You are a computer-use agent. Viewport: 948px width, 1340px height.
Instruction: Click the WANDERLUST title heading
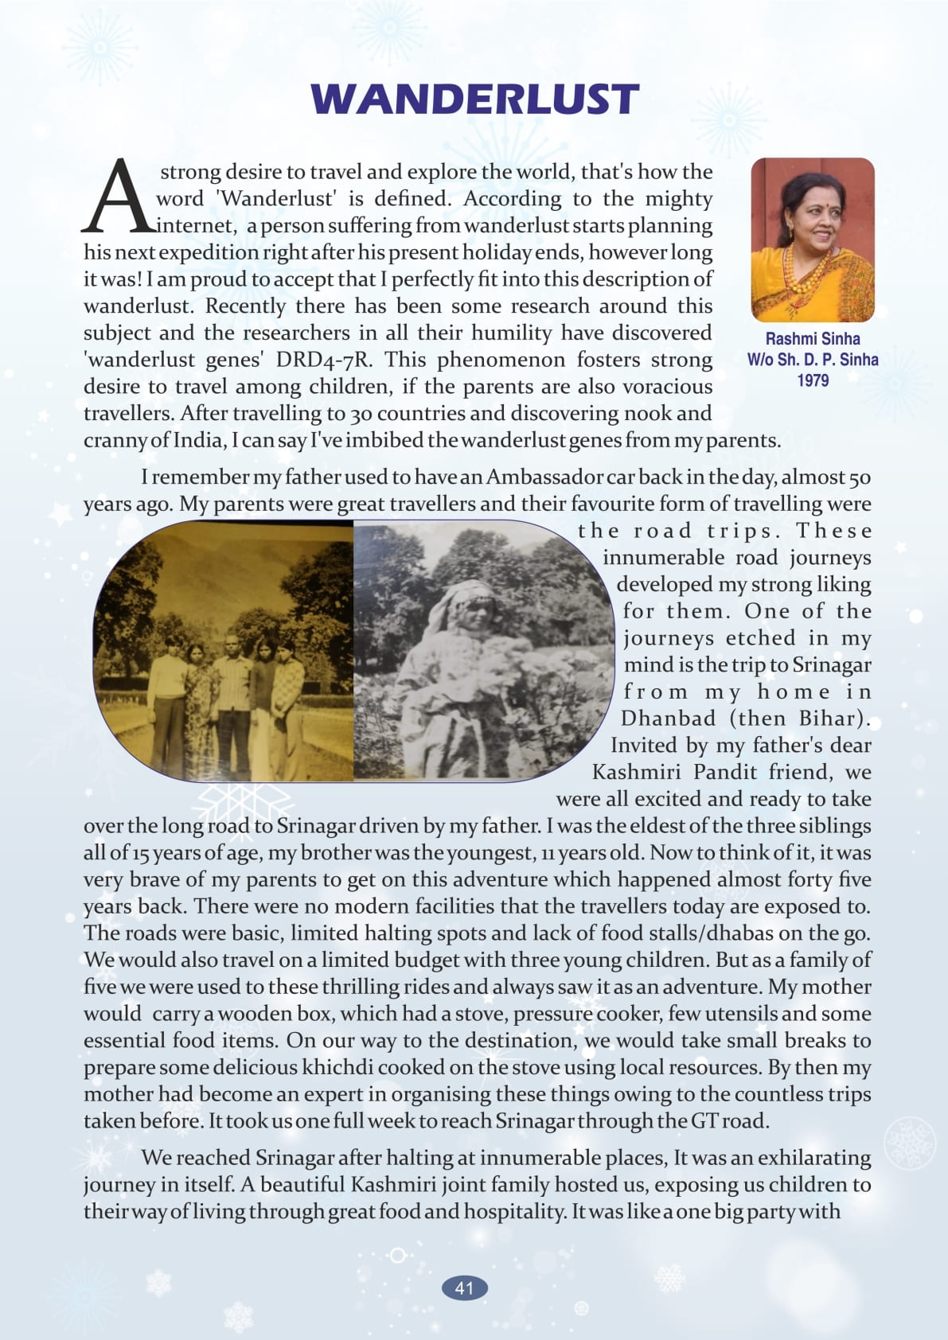[x=474, y=99]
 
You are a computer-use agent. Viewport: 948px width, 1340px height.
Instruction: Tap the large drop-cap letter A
[x=118, y=196]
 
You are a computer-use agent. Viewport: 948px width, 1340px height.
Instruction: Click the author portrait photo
[x=812, y=240]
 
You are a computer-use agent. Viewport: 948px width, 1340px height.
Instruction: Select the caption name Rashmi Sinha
[x=812, y=338]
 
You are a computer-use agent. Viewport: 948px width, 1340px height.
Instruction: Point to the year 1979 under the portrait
[x=812, y=380]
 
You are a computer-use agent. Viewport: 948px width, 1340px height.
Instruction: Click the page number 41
[x=464, y=1287]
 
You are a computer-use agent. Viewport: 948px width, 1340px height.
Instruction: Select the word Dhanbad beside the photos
[x=668, y=719]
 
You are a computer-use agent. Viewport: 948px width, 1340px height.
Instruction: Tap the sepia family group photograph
[x=224, y=651]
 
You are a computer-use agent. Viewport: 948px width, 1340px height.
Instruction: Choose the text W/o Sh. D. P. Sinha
[x=812, y=360]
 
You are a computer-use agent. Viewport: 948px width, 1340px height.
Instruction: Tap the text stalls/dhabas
[x=715, y=933]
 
